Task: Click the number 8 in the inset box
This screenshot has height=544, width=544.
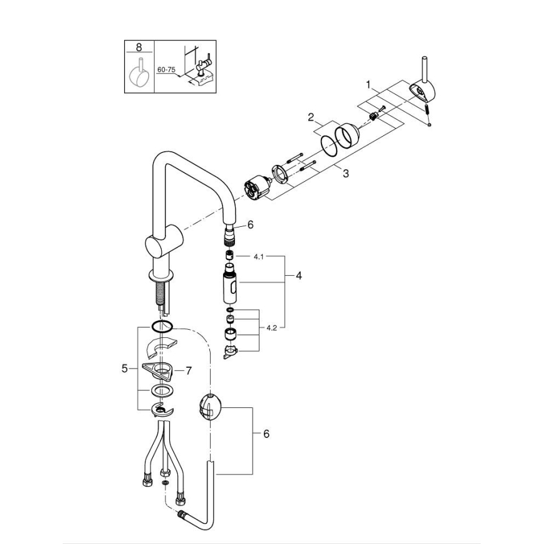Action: (139, 47)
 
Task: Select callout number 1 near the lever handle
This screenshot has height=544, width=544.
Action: (369, 83)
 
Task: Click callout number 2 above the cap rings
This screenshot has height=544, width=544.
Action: (310, 117)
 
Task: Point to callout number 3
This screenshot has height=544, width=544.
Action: (345, 174)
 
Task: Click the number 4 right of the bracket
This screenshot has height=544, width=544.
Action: (299, 275)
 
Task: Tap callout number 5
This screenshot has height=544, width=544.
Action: (124, 369)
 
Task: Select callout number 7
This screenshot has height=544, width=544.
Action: (188, 370)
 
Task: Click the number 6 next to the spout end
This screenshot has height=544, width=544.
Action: (250, 224)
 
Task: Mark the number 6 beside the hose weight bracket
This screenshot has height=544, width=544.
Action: (266, 434)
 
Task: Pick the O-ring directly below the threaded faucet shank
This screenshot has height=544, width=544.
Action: (161, 326)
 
